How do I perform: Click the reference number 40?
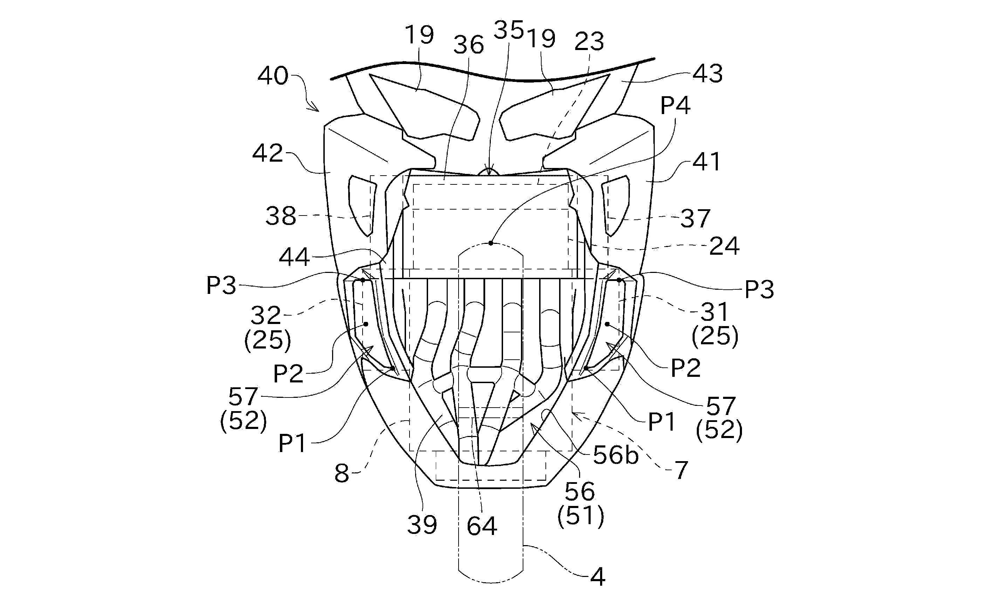(x=273, y=76)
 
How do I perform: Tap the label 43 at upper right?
(x=708, y=74)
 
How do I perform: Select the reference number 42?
(x=268, y=153)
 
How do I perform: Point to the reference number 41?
(x=707, y=162)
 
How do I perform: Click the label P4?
(x=675, y=106)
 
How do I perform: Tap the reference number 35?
(x=509, y=30)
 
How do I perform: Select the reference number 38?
(x=281, y=216)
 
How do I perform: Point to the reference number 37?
(x=695, y=219)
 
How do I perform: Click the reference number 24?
(x=724, y=246)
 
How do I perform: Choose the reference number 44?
(x=294, y=257)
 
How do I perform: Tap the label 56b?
(x=616, y=456)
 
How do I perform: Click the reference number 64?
(x=482, y=526)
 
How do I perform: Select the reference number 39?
(x=422, y=524)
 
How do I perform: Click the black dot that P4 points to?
(x=490, y=243)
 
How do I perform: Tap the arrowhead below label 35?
(x=489, y=170)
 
